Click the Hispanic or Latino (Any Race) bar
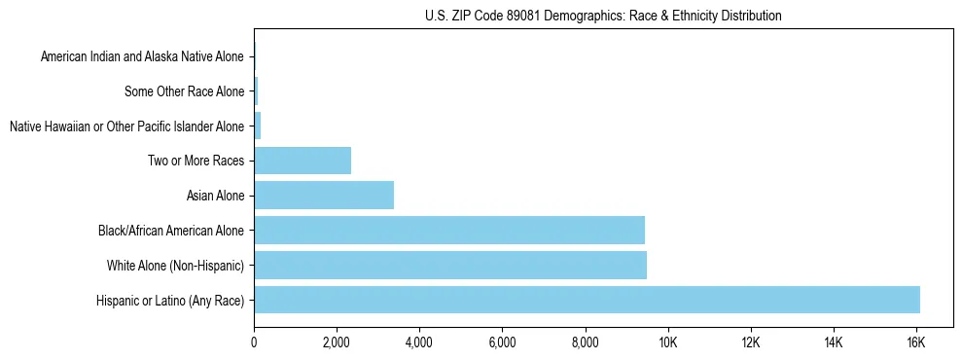pyautogui.click(x=587, y=300)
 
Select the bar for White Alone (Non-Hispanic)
pyautogui.click(x=450, y=265)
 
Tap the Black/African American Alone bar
pyautogui.click(x=449, y=230)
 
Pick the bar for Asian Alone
pyautogui.click(x=324, y=196)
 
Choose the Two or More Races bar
pyautogui.click(x=303, y=161)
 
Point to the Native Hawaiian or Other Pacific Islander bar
pyautogui.click(x=258, y=126)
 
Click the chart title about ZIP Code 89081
pyautogui.click(x=603, y=16)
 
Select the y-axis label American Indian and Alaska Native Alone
pyautogui.click(x=142, y=56)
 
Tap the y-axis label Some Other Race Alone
pyautogui.click(x=185, y=91)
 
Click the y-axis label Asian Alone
pyautogui.click(x=215, y=196)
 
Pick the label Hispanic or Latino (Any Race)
pyautogui.click(x=170, y=300)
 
